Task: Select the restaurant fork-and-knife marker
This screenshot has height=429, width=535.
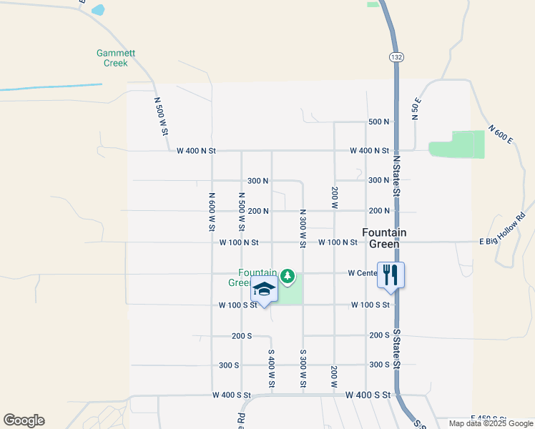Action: [391, 275]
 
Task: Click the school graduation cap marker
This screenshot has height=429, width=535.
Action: [264, 290]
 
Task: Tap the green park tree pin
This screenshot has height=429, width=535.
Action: [288, 275]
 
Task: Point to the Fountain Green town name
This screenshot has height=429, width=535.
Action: [384, 238]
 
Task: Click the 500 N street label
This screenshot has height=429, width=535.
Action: [378, 122]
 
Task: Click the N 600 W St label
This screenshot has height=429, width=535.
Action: [212, 211]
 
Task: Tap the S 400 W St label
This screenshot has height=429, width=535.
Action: [272, 370]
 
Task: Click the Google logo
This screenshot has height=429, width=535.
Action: [24, 420]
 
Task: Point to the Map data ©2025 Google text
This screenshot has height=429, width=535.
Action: [490, 423]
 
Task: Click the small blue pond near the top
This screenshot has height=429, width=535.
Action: [97, 10]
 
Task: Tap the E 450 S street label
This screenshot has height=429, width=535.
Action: [488, 418]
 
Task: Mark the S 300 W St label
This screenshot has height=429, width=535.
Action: [303, 370]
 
